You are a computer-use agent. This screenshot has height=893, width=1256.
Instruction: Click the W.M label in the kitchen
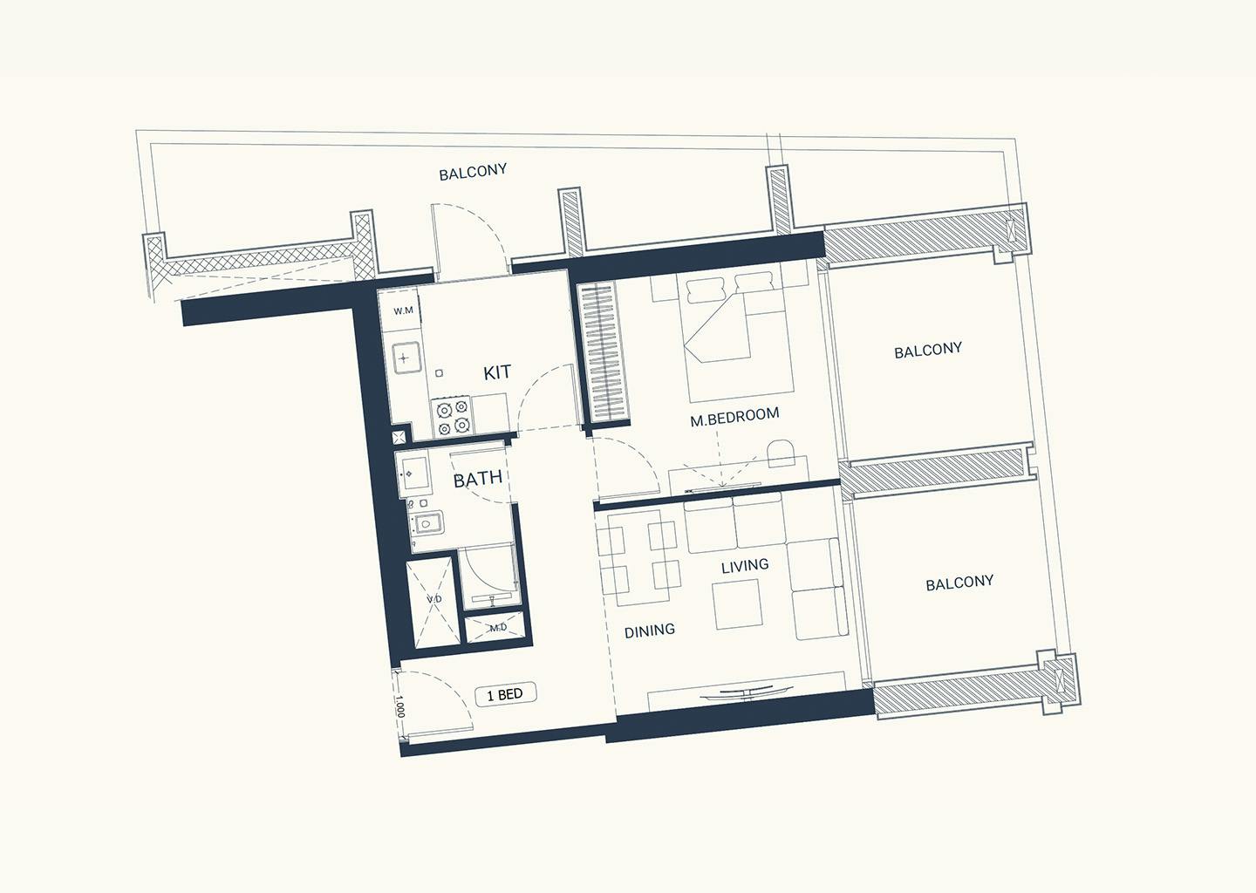coord(403,310)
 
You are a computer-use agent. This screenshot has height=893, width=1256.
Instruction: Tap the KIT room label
coord(497,372)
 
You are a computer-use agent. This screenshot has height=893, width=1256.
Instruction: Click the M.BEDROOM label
coord(734,417)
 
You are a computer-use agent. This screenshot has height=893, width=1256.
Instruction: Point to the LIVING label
coord(745,566)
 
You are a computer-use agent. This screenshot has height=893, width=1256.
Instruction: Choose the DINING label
coord(649,631)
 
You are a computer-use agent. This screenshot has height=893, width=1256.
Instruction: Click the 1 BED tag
coord(505,695)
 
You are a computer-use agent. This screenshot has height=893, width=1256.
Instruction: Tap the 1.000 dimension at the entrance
coord(399,706)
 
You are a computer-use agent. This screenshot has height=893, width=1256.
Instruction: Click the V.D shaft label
coord(434,599)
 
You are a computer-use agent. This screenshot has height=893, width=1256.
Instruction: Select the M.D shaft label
coord(498,628)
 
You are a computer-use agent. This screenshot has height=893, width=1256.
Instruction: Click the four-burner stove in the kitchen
coord(452,418)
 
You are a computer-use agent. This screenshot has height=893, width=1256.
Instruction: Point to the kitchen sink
coord(406,357)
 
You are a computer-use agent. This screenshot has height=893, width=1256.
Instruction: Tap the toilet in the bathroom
coord(427,523)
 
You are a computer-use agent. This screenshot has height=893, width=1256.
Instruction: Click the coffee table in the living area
coord(738,604)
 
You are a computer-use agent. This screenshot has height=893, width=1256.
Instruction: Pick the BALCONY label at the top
coord(473,172)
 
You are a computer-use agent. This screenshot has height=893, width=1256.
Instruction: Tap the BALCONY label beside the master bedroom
coord(928,351)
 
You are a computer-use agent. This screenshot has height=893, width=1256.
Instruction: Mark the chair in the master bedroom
coord(781,454)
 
